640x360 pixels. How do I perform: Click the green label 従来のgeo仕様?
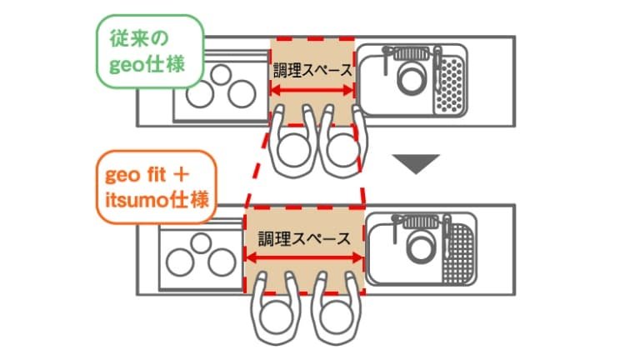[150, 52]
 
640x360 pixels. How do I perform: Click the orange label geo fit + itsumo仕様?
[157, 187]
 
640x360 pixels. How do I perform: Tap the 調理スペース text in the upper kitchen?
[312, 70]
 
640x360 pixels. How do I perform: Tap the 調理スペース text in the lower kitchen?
[304, 238]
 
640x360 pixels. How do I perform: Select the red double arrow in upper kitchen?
[312, 90]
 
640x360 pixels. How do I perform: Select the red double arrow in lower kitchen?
[304, 257]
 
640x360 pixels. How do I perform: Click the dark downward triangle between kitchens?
[416, 163]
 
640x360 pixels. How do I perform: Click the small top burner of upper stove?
[221, 75]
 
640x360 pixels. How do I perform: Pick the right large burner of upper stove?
[242, 94]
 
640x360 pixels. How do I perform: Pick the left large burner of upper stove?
[200, 94]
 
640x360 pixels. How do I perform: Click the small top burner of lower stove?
[201, 242]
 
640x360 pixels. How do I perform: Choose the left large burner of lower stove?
[180, 262]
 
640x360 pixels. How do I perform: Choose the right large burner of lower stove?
[222, 262]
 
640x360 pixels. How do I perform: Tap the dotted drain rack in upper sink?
[449, 84]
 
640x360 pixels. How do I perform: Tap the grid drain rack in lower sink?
[460, 253]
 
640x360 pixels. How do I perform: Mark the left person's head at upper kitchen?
[293, 149]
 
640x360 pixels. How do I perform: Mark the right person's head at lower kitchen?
[337, 317]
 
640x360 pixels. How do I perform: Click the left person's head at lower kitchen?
[276, 317]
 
